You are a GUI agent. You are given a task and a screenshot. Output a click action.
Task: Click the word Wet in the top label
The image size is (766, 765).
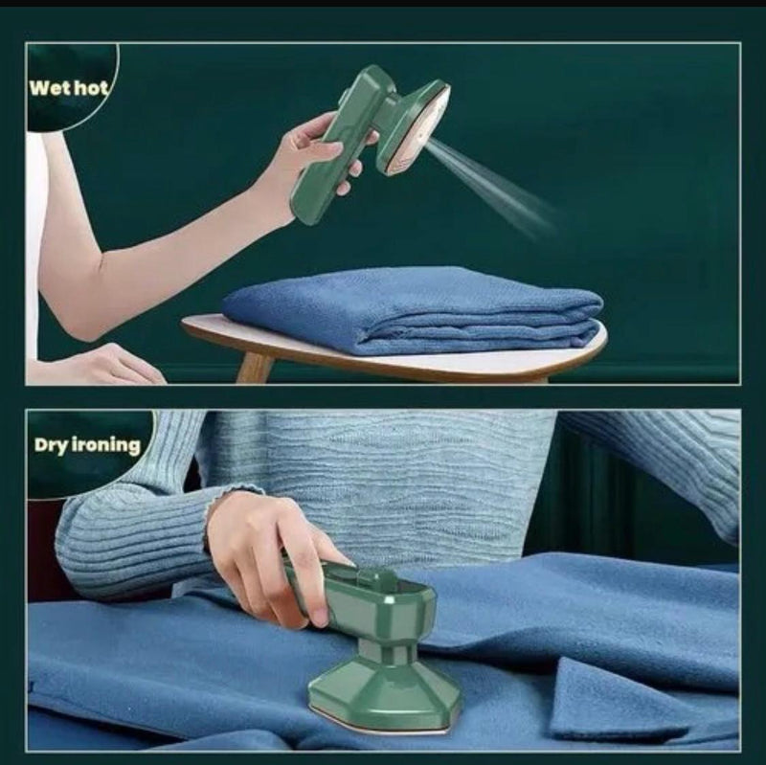click(49, 88)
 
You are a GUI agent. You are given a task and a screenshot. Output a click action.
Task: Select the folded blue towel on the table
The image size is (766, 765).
click(412, 308)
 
